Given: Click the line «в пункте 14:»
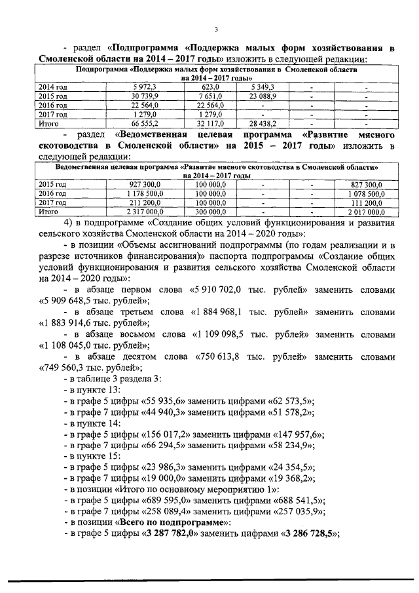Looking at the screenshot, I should tap(91, 423).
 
